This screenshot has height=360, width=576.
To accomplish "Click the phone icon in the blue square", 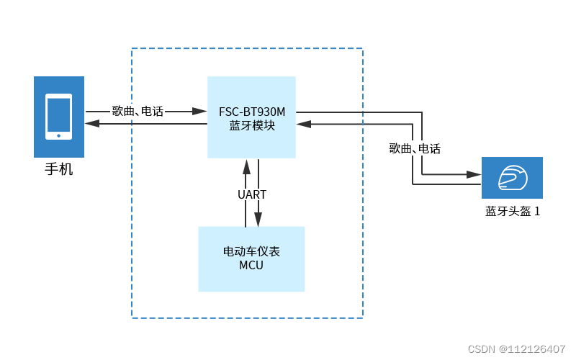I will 58,117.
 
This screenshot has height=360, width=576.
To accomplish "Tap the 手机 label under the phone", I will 58,171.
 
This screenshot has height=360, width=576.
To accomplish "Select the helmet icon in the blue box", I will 512,178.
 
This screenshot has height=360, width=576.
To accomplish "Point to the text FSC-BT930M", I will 251,112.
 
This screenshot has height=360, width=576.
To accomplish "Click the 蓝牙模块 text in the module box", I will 251,125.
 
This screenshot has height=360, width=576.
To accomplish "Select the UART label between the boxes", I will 252,194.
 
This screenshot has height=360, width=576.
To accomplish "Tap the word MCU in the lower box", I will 251,265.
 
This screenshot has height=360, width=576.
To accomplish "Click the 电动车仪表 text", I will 251,251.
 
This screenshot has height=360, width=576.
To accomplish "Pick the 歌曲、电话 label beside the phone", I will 138,112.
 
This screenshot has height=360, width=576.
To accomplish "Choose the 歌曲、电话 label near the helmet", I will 415,149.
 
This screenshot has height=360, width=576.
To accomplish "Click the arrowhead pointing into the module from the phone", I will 200,112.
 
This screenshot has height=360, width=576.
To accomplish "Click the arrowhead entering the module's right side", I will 304,124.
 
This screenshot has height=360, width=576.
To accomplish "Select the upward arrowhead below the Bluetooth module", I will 246,166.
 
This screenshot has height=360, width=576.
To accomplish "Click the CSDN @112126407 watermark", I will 516,349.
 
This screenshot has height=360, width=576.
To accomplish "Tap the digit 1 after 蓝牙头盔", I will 536,212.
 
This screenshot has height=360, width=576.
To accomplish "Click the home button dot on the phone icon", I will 58,135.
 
